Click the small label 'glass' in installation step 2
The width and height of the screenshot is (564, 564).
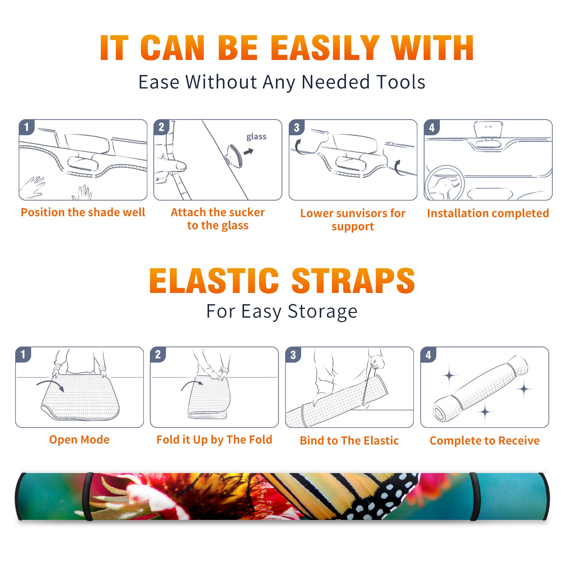click(x=256, y=137)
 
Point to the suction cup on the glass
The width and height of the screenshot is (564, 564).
click(x=235, y=155)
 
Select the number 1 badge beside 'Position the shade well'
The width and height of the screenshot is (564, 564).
click(x=26, y=127)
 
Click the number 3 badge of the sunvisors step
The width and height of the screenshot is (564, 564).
click(x=296, y=127)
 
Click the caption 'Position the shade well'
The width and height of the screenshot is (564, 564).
click(x=83, y=212)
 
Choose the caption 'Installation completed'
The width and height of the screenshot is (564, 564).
click(x=488, y=213)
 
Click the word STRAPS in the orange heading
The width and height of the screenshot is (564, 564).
click(x=353, y=281)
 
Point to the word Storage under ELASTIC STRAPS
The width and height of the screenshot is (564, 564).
click(x=323, y=312)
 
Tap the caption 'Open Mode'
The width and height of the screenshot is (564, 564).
click(x=79, y=440)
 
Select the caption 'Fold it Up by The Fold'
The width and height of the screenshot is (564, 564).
click(x=214, y=440)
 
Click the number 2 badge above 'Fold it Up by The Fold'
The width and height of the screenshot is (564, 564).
click(x=158, y=355)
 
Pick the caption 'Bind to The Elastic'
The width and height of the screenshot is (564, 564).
click(x=349, y=441)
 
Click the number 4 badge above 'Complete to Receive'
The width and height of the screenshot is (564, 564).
click(x=428, y=355)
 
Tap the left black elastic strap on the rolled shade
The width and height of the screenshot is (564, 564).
click(x=87, y=496)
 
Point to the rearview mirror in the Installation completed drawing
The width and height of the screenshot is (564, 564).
click(x=488, y=129)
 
